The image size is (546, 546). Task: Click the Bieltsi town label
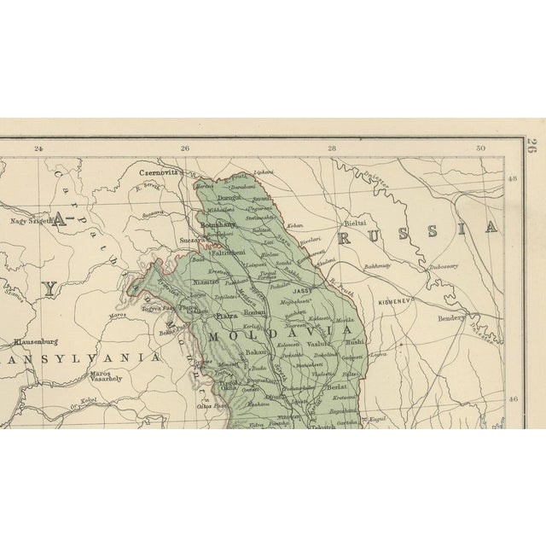[357, 220]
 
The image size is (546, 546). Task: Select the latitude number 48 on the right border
[513, 179]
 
